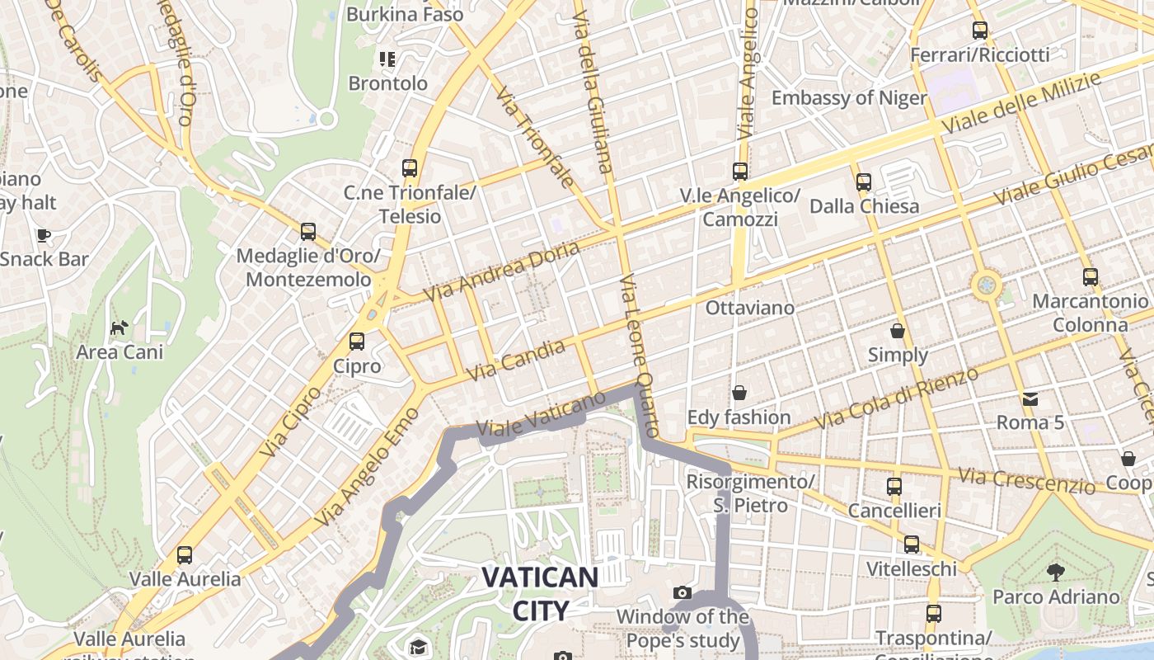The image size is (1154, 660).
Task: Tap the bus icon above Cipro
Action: click(357, 341)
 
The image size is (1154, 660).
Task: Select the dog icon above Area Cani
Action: click(120, 328)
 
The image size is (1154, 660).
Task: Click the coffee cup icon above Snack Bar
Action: click(44, 235)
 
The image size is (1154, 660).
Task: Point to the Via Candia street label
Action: click(516, 361)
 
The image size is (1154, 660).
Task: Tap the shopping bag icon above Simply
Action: click(898, 331)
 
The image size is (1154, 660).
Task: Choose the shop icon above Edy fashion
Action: click(739, 392)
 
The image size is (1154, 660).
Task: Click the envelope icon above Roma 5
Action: click(1030, 399)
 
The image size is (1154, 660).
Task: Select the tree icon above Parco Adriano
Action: click(1055, 572)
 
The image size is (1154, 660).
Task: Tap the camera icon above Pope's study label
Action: click(682, 592)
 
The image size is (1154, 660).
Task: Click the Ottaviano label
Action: click(750, 308)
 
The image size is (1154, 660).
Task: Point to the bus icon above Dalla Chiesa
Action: click(864, 181)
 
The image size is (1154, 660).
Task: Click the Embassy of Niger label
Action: click(849, 98)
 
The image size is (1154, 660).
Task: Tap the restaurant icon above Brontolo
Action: click(387, 59)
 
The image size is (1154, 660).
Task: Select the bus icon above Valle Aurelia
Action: click(185, 554)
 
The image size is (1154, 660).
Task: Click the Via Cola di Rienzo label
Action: click(897, 397)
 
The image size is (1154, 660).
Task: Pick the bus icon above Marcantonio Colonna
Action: click(1091, 276)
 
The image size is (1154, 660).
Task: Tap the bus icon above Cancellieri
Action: click(894, 486)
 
